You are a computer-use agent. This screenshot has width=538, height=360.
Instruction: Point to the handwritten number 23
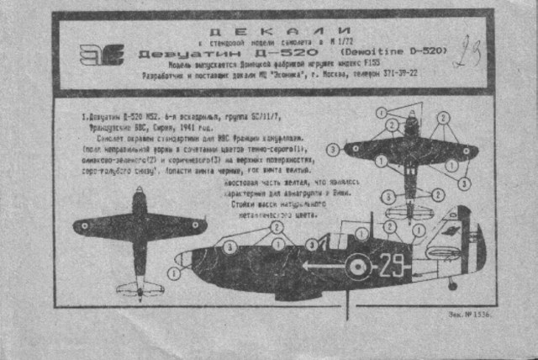(467, 53)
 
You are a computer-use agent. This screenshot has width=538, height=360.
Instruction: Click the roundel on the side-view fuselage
(359, 267)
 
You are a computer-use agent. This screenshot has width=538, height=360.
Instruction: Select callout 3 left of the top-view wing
(334, 149)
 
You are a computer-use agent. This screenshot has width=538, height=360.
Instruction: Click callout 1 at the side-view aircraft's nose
(174, 273)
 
